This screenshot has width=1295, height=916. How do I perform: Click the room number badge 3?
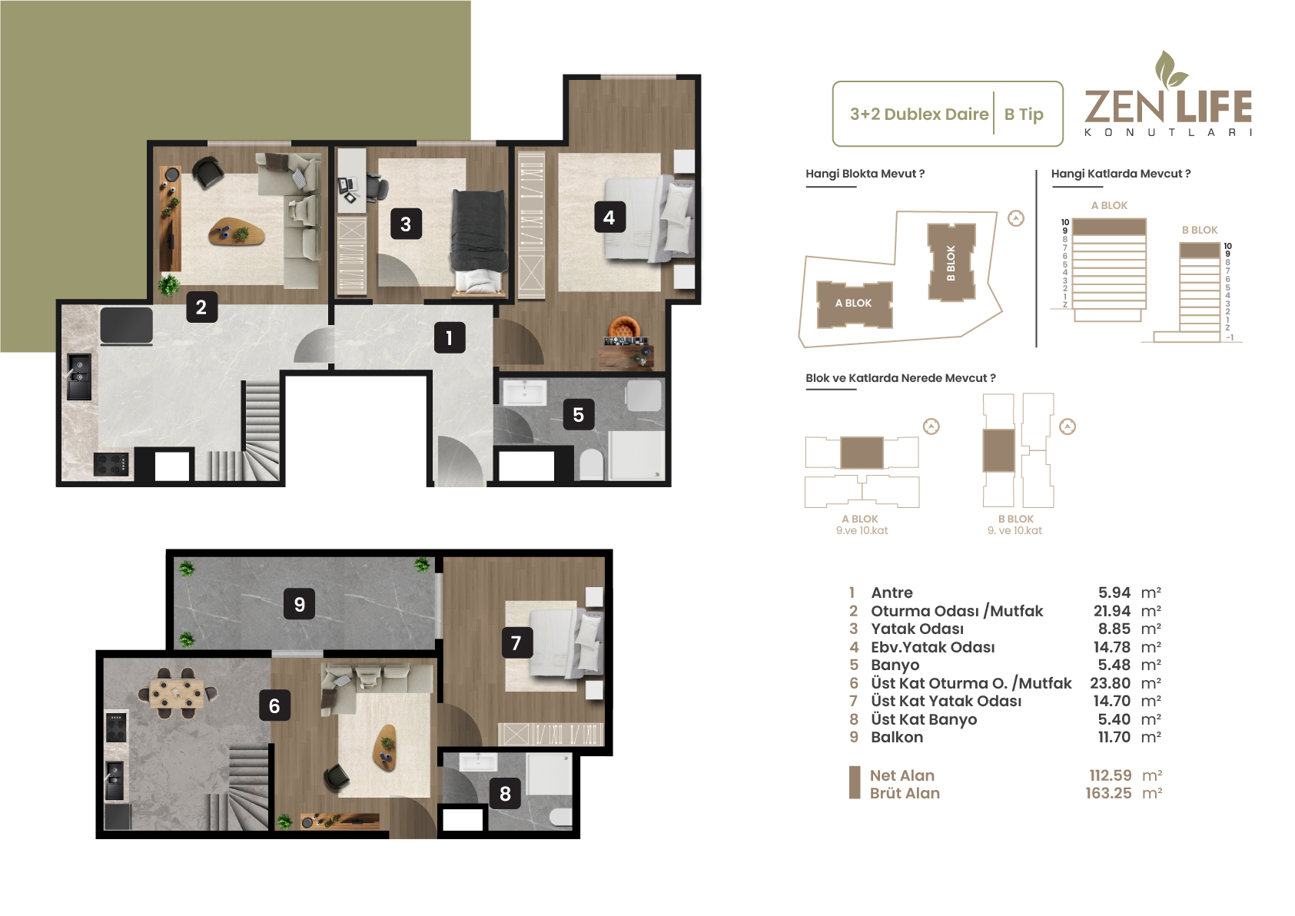406,224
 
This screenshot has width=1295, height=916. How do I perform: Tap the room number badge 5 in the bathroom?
579,414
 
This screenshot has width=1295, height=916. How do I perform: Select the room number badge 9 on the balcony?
300,604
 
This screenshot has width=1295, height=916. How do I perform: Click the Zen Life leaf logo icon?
1170,69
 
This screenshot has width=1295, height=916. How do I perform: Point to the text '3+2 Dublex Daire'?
919,114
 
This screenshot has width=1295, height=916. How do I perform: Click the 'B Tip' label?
1024,114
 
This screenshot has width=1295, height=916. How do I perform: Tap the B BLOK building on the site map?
951,262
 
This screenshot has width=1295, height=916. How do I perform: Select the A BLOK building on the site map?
854,304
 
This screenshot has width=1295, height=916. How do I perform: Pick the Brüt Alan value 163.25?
1109,793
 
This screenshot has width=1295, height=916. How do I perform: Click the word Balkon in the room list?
897,737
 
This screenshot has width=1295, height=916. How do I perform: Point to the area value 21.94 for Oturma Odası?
1112,611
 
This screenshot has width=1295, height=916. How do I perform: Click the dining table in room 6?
177,693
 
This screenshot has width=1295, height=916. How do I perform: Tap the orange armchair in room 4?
624,328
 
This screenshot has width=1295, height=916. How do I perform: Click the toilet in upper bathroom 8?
561,817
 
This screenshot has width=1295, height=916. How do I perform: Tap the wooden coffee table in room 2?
237,232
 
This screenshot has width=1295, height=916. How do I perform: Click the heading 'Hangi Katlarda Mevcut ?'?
1121,174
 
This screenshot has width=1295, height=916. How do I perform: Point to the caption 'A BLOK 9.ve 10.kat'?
862,525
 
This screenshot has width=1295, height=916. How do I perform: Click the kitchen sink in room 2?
79,377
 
